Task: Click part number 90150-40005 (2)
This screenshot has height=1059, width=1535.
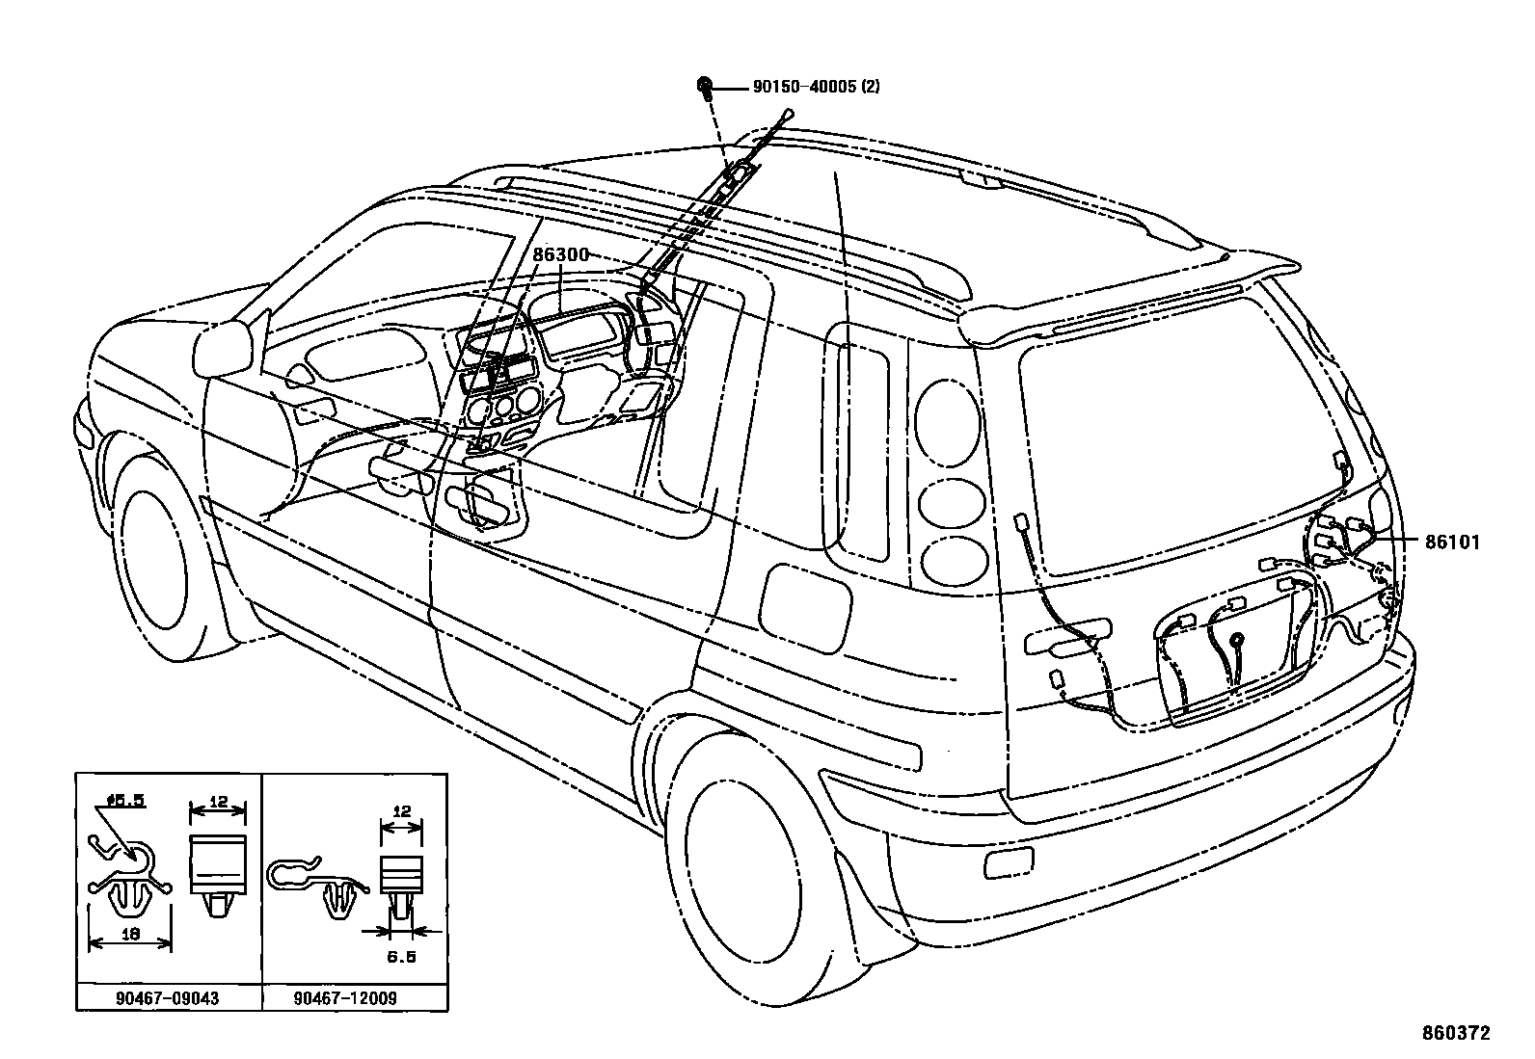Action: point(816,87)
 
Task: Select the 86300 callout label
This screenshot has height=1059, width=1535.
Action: point(560,254)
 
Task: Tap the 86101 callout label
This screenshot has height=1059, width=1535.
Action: point(1452,543)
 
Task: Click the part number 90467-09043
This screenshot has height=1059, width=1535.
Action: point(167,998)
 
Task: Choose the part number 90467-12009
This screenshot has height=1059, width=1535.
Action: point(344,998)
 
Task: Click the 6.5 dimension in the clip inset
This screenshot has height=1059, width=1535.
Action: point(401,957)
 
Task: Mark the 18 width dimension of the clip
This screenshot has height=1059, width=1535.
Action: point(129,933)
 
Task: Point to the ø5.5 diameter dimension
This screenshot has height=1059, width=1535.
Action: point(125,800)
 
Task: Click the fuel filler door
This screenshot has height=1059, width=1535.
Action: point(807,608)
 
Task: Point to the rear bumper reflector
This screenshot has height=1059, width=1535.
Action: point(1008,864)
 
